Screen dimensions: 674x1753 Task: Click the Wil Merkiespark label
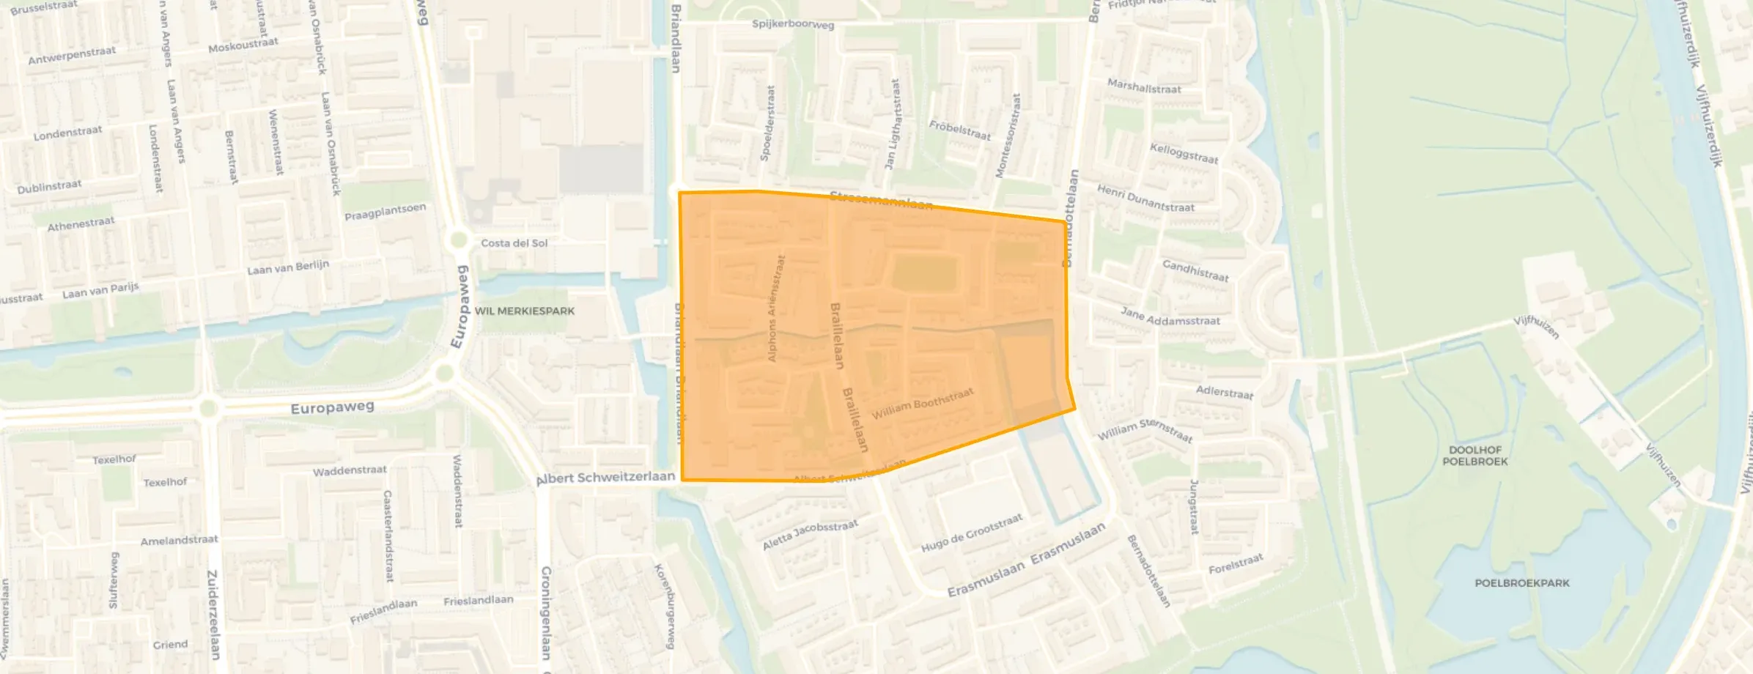coord(524,311)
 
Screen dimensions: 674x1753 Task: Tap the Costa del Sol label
coord(514,243)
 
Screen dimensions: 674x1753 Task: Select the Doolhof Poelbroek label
coord(1475,456)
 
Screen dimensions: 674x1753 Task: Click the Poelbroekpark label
coord(1521,583)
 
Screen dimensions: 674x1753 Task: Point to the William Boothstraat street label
coord(922,404)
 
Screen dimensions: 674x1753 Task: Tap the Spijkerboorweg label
coord(792,24)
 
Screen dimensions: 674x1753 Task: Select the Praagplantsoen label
coord(385,212)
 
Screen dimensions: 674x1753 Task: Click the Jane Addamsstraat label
coord(1170,316)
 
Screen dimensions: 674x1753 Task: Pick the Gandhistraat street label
coord(1195,270)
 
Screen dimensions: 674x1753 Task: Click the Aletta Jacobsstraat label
coord(809,535)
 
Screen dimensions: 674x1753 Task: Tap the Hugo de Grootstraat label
coord(971,533)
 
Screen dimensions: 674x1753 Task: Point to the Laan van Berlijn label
coord(288,267)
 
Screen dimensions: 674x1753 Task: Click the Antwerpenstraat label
coord(72,55)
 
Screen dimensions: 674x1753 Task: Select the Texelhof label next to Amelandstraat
coord(165,482)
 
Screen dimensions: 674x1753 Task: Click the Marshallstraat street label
coord(1144,86)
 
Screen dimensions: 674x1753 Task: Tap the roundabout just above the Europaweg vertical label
coord(460,239)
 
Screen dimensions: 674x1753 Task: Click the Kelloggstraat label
coord(1184,153)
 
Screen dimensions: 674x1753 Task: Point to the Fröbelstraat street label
coord(959,130)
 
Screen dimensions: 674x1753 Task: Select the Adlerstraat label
coord(1224,393)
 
